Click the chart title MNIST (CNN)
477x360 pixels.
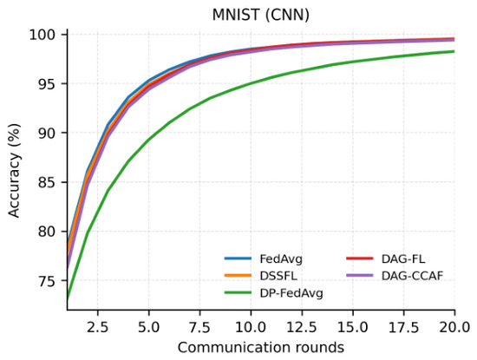tap(261, 15)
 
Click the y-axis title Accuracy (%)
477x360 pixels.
tap(14, 170)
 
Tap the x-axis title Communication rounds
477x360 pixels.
tap(261, 347)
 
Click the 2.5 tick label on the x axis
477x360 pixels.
tap(98, 327)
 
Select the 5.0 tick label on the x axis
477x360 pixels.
tap(149, 327)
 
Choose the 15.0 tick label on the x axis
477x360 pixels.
tap(353, 327)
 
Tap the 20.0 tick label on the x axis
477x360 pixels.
tap(454, 327)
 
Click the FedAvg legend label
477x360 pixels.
tap(281, 259)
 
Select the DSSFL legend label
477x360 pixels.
tap(278, 276)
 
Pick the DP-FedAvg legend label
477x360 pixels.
tap(291, 293)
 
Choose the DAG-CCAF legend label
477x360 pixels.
tap(412, 276)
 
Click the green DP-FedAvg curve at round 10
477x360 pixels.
tap(251, 83)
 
